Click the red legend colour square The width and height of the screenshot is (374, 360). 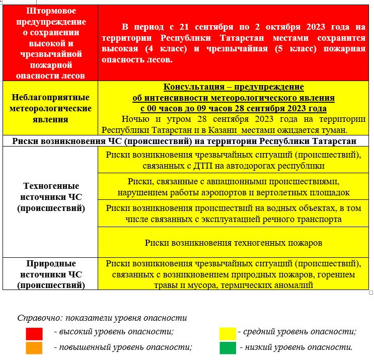[34, 333]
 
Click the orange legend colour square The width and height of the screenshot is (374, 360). [34, 348]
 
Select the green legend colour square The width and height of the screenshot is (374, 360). [228, 348]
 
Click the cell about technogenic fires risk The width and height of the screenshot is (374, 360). [233, 243]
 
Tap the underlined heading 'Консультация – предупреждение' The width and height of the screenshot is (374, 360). [234, 87]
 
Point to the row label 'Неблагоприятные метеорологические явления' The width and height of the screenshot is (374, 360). [50, 108]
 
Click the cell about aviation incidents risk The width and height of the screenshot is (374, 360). [233, 187]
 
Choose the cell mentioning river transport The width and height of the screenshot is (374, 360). [233, 214]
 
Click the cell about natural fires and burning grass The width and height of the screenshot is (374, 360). [233, 274]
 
